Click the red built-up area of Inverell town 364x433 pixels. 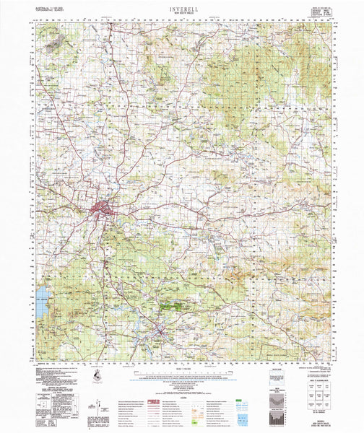pos(101,211)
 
